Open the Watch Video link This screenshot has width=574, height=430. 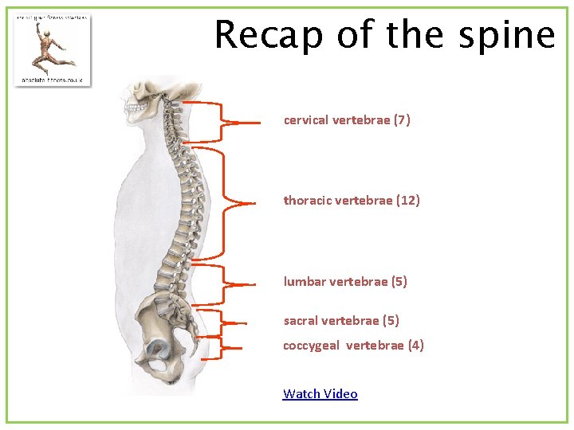320,393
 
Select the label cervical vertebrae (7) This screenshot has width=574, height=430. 347,120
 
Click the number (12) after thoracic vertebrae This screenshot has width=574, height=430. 407,201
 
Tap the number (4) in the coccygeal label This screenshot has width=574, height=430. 415,346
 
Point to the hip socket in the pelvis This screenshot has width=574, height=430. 157,348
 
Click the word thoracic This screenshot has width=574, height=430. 305,201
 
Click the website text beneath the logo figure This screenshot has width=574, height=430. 53,80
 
